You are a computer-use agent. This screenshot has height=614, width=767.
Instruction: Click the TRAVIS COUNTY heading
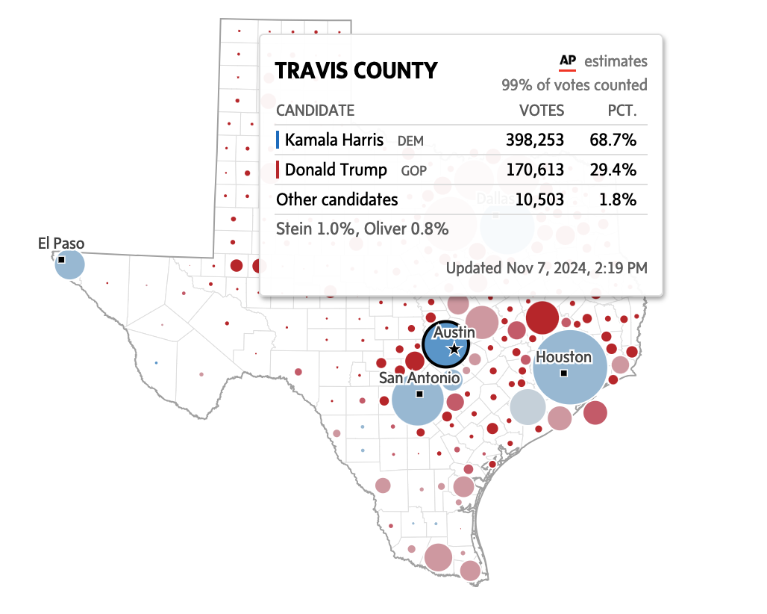(x=356, y=71)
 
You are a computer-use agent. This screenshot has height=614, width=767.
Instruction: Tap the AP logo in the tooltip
(x=568, y=61)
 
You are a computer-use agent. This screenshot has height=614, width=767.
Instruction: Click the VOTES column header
(x=542, y=111)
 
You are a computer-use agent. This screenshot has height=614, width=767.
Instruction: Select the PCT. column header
(x=622, y=111)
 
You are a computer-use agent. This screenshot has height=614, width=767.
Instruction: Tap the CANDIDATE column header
(x=315, y=111)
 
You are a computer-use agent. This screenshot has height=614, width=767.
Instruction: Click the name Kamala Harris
(x=334, y=140)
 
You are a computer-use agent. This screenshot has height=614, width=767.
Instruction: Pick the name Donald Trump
(x=336, y=170)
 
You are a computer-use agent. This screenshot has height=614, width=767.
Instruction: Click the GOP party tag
(x=414, y=170)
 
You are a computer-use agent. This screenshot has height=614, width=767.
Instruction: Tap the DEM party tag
(x=410, y=140)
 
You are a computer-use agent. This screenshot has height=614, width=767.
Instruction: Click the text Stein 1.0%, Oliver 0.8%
(x=362, y=228)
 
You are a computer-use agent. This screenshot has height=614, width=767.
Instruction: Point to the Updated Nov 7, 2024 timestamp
(x=546, y=267)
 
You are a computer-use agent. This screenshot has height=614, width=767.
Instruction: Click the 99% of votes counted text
(x=574, y=85)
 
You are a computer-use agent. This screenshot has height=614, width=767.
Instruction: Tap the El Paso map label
(x=61, y=244)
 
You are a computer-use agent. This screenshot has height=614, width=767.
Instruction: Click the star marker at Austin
(x=454, y=349)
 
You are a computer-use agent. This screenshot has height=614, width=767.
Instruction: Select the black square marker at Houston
(x=564, y=373)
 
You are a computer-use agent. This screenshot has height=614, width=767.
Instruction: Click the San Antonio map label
(x=419, y=378)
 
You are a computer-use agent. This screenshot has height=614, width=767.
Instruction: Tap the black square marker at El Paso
(x=61, y=259)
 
